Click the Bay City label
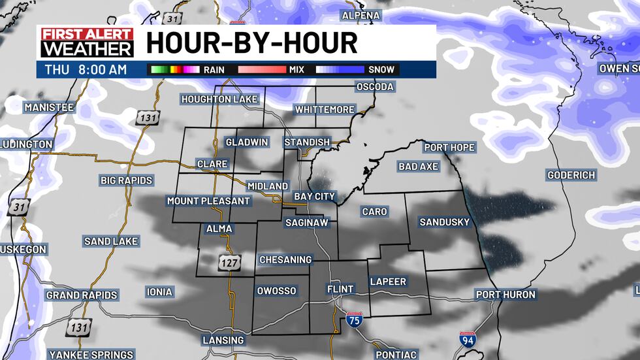coord(314,196)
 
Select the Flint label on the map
coord(340,289)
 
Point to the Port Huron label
coord(505,295)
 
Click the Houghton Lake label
coord(220,99)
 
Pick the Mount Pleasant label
coord(208,201)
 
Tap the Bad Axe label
coord(418,167)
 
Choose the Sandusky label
coord(444,222)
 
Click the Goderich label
coord(571,175)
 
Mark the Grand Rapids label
coord(82,295)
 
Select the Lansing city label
coord(223,340)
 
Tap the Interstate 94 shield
coord(467,340)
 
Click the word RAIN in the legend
coord(214,69)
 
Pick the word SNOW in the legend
coord(381,69)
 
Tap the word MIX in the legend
coord(296,69)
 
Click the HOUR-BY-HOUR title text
coord(251,42)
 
